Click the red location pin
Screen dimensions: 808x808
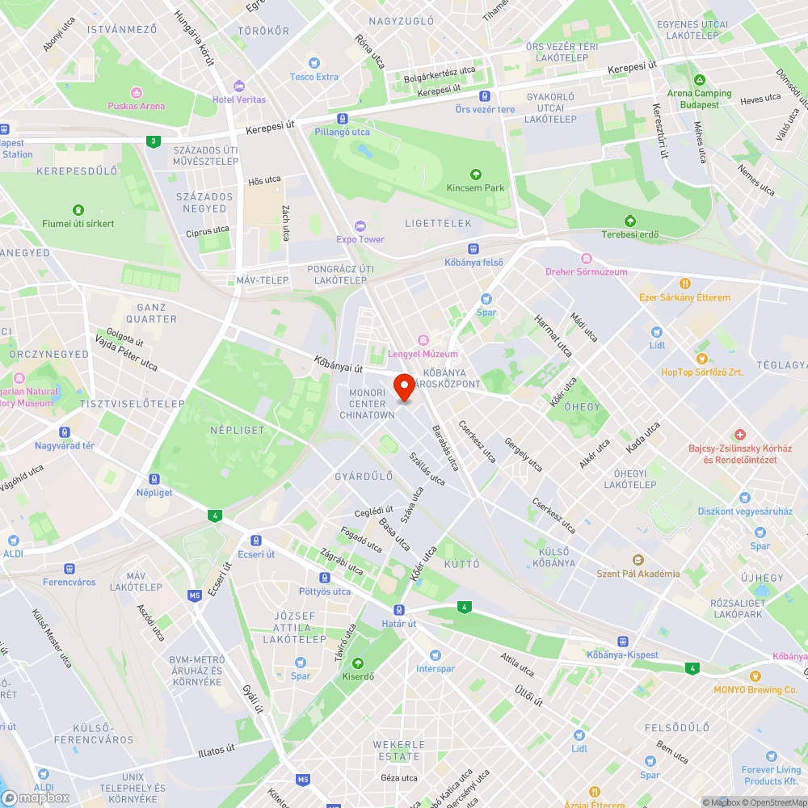tap(403, 387)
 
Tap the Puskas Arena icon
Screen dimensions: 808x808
tap(136, 92)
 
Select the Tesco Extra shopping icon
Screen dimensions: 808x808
tap(314, 63)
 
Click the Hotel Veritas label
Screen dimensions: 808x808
tap(238, 99)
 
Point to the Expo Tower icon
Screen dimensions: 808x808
tap(360, 226)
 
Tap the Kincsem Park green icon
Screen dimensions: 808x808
tap(475, 174)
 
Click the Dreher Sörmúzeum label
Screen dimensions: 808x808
tap(586, 271)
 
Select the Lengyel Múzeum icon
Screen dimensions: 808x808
tap(422, 340)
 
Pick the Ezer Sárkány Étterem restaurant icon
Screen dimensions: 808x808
tap(684, 284)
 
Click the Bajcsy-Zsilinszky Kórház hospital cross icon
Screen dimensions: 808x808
tap(739, 435)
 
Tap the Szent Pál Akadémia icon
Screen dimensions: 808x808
tap(638, 560)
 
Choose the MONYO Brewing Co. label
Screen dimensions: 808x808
tap(755, 690)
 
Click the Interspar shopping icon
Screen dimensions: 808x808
tap(436, 655)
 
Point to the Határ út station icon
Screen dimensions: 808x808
tap(398, 610)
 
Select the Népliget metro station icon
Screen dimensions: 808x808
tap(154, 479)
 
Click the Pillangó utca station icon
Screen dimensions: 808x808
tap(343, 119)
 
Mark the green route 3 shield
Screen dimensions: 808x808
tap(153, 141)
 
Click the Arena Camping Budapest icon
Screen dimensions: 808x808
tap(699, 80)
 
